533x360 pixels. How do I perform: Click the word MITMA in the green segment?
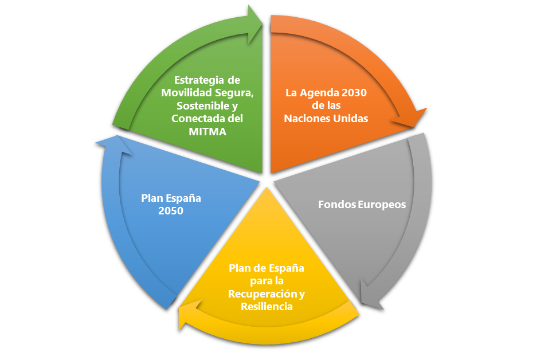tap(207, 131)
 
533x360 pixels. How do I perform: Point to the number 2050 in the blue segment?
tap(171, 212)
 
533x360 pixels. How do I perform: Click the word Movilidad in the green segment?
tap(185, 93)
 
